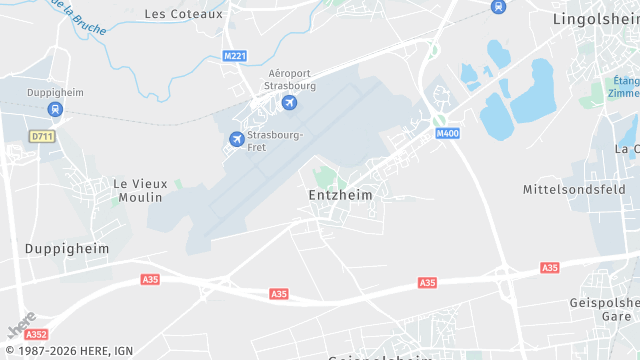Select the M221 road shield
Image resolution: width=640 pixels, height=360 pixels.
click(x=235, y=56)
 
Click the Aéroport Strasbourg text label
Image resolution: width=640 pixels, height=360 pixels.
click(x=292, y=80)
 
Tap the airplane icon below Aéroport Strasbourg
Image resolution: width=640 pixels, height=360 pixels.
click(x=290, y=103)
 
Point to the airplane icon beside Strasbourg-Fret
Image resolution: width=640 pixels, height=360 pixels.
click(x=237, y=139)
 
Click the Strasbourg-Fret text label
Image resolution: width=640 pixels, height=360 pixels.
click(x=276, y=141)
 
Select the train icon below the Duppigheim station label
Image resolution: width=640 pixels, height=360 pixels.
click(x=54, y=111)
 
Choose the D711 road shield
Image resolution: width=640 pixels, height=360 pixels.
click(x=41, y=136)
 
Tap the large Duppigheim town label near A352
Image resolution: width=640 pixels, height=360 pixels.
click(x=66, y=248)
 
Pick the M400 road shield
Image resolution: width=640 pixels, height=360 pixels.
click(x=446, y=133)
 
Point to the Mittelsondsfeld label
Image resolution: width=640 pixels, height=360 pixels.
click(x=574, y=189)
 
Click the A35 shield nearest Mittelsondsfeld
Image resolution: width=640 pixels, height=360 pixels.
click(x=549, y=268)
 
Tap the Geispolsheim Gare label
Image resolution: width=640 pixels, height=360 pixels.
click(x=604, y=309)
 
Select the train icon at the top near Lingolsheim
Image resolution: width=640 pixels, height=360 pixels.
click(x=498, y=7)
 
